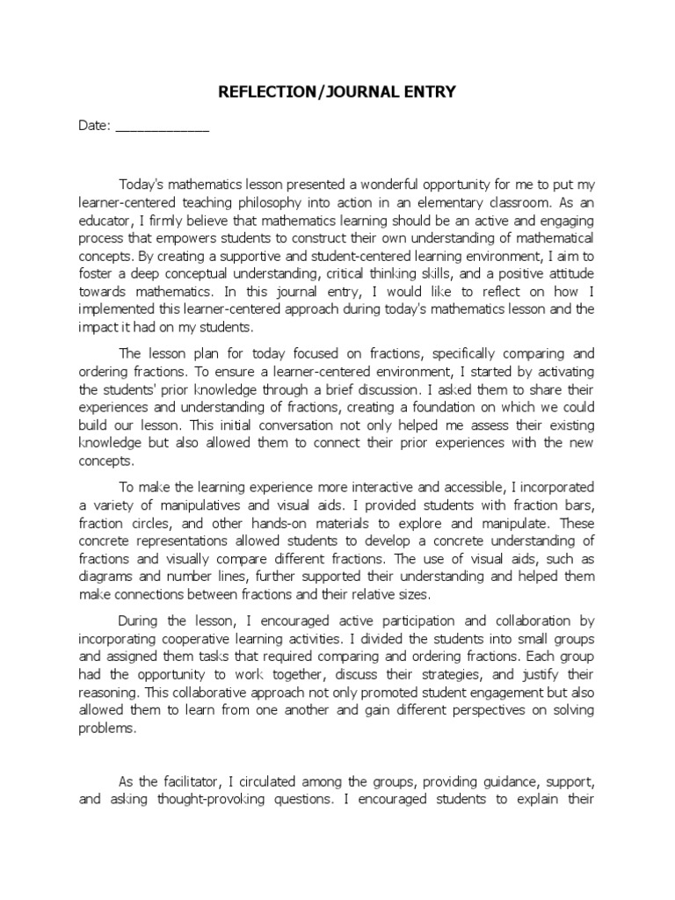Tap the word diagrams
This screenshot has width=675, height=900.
click(105, 576)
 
